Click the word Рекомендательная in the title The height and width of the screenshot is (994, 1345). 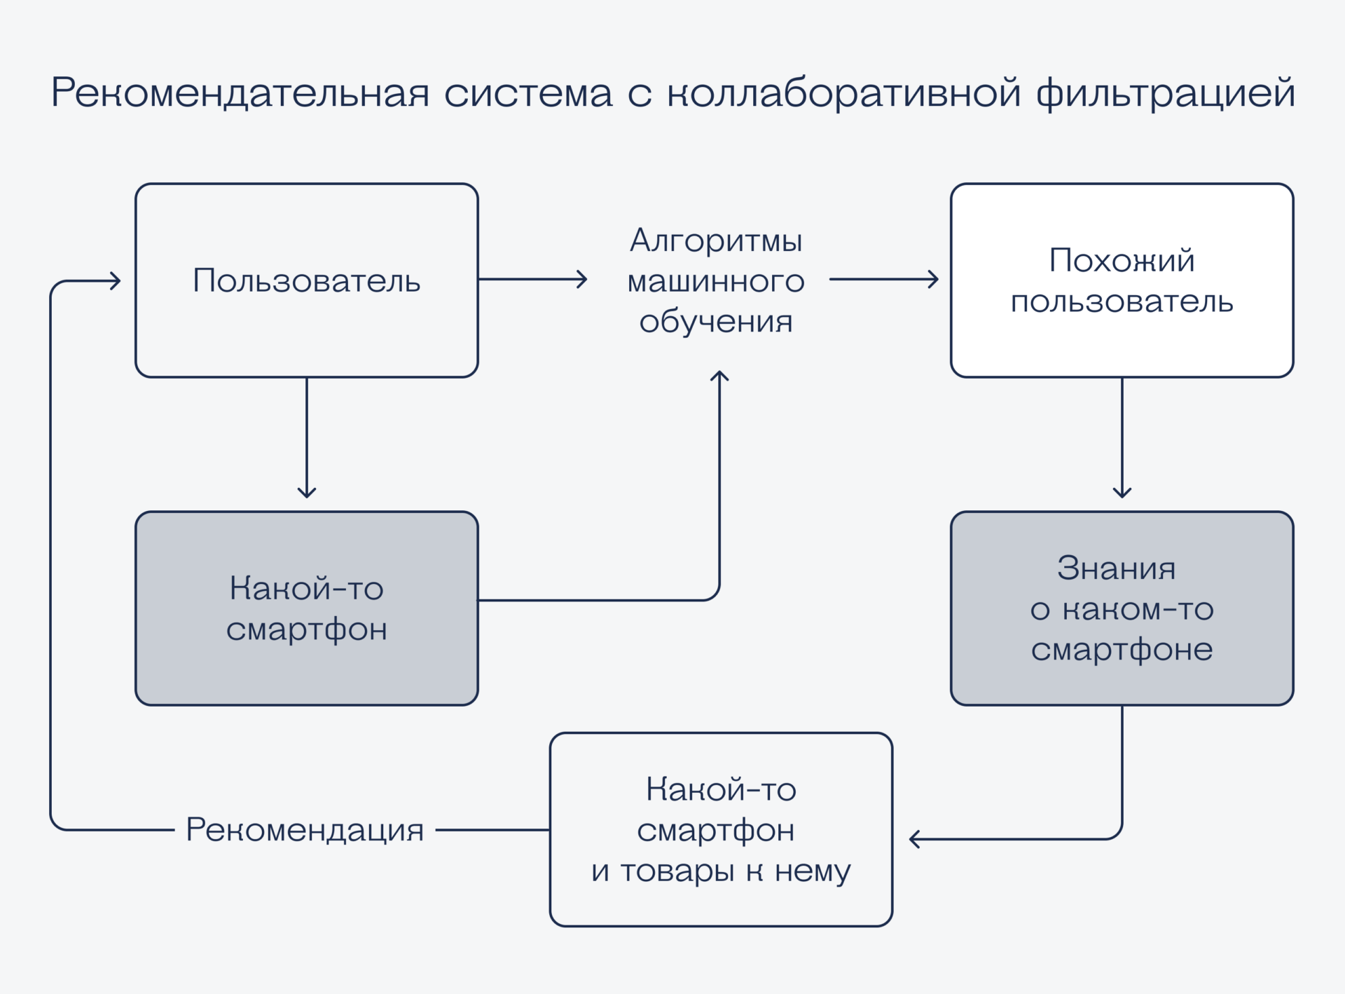point(240,93)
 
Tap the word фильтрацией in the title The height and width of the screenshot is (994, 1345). point(1166,93)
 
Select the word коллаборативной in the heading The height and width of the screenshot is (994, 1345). point(843,93)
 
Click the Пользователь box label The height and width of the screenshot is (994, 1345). point(306,280)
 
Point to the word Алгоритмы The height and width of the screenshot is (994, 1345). point(716,240)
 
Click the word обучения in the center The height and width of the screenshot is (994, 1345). point(716,322)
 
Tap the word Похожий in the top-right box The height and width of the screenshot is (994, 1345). point(1122,260)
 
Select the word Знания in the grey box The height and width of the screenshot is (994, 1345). point(1116,568)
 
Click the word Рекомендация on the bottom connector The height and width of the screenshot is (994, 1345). point(305,830)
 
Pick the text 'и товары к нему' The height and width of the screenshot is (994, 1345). point(721,871)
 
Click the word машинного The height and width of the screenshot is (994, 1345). point(716,281)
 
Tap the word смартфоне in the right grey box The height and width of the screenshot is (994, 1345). point(1122,650)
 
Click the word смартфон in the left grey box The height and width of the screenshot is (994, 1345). point(306,629)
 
